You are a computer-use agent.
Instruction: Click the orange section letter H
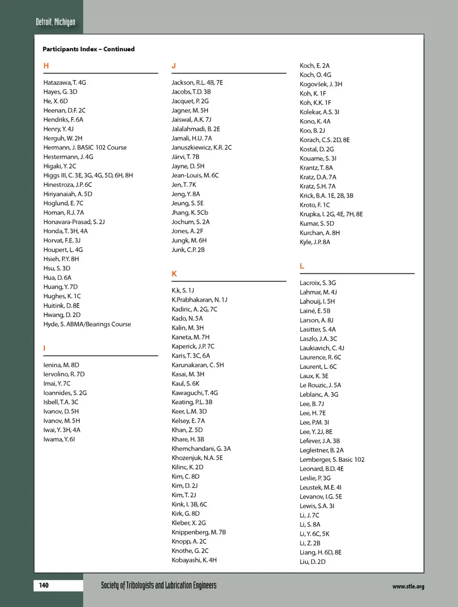tap(46, 66)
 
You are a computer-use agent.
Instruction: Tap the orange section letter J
tap(174, 66)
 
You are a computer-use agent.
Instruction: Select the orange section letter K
tap(174, 274)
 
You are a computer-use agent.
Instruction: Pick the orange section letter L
tap(302, 266)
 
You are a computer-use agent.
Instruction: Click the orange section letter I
tap(44, 348)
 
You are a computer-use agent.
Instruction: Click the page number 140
tap(44, 585)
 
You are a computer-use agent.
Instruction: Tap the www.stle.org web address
tap(408, 586)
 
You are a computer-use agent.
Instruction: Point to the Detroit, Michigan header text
tap(55, 22)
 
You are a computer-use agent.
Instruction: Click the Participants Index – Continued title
tap(88, 49)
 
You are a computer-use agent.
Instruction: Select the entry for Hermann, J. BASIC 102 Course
tap(85, 148)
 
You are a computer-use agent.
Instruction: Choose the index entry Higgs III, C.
tap(88, 175)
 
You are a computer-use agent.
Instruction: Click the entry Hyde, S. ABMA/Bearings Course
tap(87, 324)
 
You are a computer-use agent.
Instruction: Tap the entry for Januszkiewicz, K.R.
tap(201, 148)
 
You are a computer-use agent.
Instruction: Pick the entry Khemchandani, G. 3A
tap(201, 448)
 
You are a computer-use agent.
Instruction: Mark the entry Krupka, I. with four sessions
tap(331, 214)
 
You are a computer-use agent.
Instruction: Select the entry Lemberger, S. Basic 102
tap(332, 459)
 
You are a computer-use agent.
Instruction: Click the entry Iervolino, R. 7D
tap(64, 374)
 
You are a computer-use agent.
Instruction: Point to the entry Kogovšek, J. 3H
tap(321, 84)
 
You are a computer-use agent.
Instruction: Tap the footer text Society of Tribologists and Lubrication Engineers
tap(158, 586)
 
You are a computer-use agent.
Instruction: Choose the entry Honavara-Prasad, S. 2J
tap(74, 222)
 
